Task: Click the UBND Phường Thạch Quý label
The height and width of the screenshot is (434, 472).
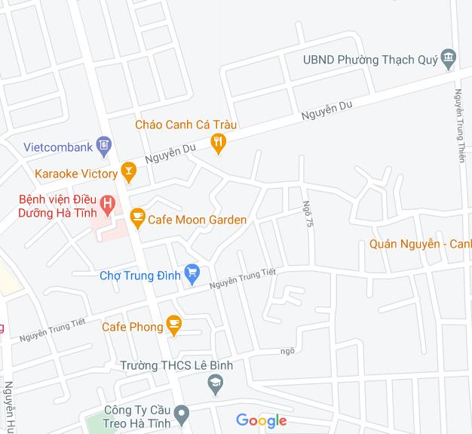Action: (x=369, y=60)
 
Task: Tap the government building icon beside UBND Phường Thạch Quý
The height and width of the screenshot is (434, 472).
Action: (x=449, y=58)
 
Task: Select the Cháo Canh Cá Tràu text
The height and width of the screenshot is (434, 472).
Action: (x=185, y=125)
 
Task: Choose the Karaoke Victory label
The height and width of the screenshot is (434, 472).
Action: (x=75, y=174)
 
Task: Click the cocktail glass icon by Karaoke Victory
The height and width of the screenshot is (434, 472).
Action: (x=129, y=173)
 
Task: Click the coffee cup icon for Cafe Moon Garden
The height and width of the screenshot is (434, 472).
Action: (x=137, y=218)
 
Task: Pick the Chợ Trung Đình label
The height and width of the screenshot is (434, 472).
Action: (x=140, y=275)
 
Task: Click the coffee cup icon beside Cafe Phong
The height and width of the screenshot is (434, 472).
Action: (x=174, y=326)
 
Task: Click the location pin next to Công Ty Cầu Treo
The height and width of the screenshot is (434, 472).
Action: (x=181, y=414)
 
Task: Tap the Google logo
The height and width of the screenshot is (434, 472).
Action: (x=262, y=420)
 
